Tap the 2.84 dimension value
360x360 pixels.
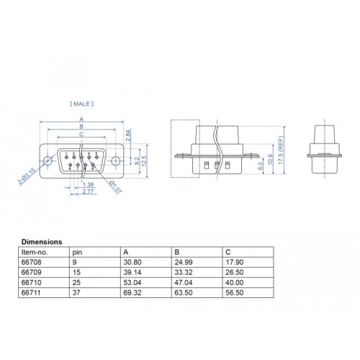[129, 134]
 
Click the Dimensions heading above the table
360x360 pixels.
[41, 242]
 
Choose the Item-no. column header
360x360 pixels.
[33, 253]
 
